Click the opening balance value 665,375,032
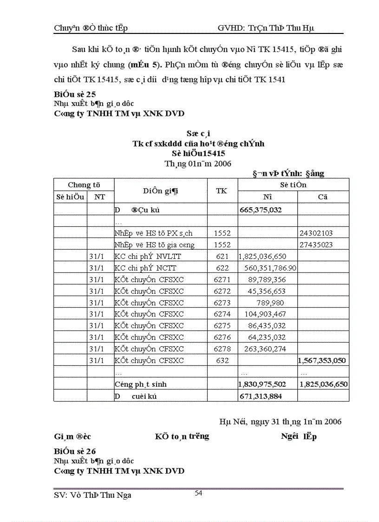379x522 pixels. tap(261, 210)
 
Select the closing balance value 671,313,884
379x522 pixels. tap(261, 396)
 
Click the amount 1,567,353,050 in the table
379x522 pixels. tap(323, 361)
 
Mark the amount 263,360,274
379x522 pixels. tap(265, 349)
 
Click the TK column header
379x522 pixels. tap(222, 191)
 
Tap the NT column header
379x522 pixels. tap(100, 197)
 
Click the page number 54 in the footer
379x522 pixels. tap(198, 493)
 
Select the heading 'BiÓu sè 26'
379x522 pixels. tap(75, 451)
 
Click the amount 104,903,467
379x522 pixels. tap(265, 314)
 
